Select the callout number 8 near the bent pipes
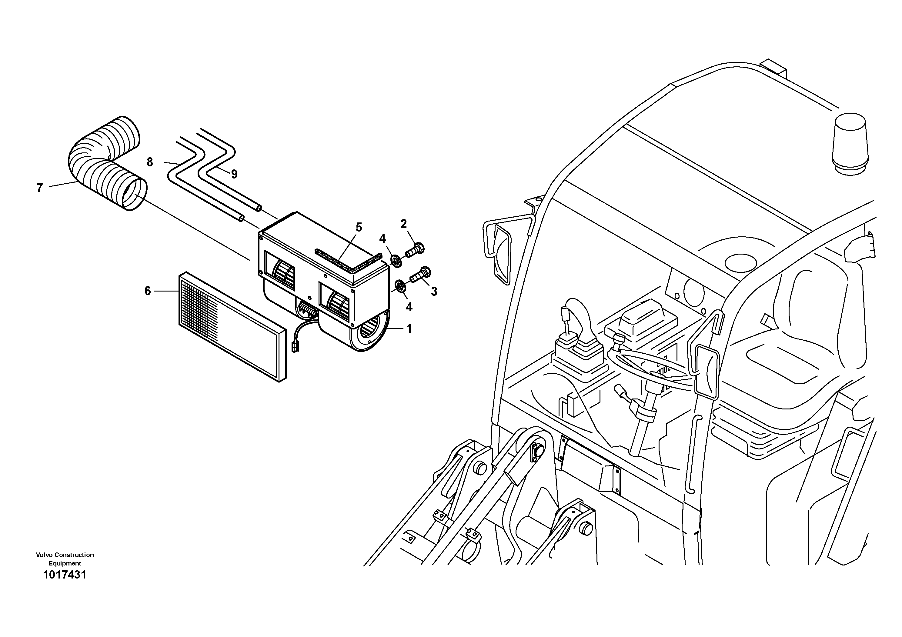150,162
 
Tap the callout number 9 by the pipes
234,174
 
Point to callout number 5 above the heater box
358,227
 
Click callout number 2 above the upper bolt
403,224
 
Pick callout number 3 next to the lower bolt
434,292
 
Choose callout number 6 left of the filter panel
148,291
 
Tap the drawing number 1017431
65,575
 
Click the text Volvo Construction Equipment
65,559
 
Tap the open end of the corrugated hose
134,194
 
